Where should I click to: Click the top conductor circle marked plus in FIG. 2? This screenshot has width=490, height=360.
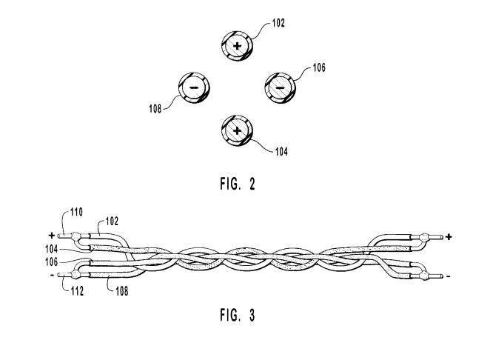coord(237,46)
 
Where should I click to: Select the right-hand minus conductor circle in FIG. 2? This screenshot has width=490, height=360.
coord(279,87)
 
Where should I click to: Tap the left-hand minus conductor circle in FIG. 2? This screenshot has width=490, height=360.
coord(194,87)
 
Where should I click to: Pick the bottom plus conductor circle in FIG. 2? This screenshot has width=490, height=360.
coord(237,130)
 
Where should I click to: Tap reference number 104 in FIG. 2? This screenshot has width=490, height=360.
coord(281,153)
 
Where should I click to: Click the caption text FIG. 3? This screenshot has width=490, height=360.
coord(238,316)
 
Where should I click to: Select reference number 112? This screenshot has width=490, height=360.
coord(77,292)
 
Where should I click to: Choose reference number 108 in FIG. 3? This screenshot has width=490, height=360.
coord(121,291)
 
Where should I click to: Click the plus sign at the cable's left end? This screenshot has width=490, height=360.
coord(52,235)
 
